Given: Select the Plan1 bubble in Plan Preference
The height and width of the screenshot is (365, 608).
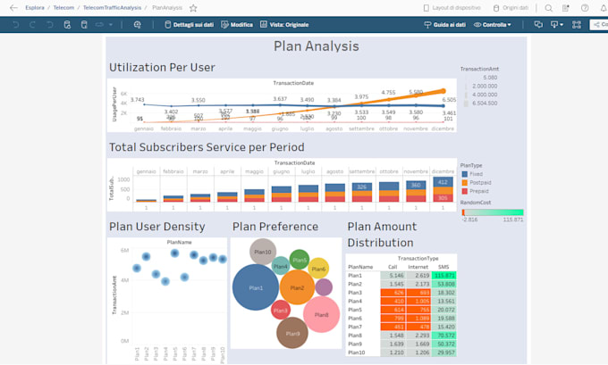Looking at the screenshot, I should [256, 287].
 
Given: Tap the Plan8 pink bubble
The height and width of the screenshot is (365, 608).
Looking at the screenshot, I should [321, 314].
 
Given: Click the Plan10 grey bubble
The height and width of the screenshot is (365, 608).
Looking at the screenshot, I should [262, 252].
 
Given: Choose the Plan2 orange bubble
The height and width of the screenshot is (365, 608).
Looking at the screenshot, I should [297, 287].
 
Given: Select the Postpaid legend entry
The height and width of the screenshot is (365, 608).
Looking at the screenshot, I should [480, 181].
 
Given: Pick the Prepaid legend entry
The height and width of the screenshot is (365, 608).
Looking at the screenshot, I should [479, 191].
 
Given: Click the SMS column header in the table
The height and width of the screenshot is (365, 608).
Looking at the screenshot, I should [444, 266].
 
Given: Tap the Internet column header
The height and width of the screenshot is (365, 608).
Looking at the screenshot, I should [418, 266].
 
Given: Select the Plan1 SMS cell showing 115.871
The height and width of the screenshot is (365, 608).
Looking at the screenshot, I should [444, 276].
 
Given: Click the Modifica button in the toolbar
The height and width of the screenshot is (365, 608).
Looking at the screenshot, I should [236, 25].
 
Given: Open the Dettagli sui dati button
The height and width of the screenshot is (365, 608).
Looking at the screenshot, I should [190, 25].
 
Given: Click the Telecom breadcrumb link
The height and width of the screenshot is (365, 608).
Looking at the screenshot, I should [63, 7].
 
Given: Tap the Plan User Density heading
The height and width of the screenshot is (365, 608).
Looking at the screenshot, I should [156, 227].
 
